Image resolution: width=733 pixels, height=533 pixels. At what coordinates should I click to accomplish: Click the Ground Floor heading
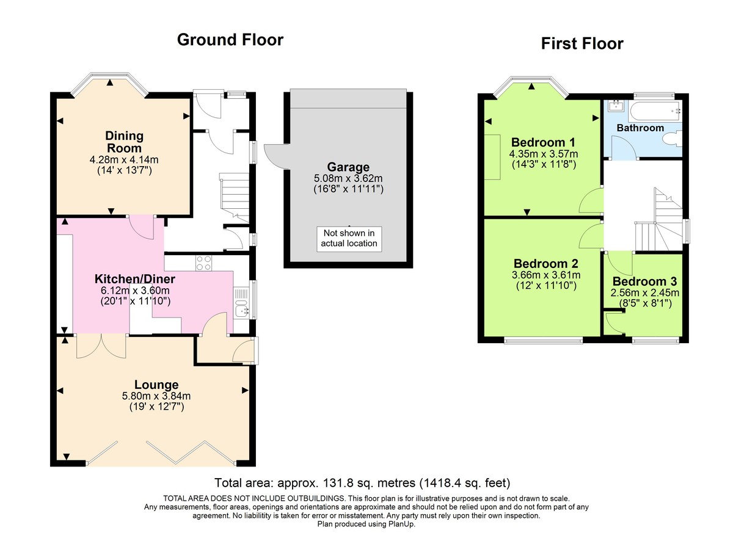230,40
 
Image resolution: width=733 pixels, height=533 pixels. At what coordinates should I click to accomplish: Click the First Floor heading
582,44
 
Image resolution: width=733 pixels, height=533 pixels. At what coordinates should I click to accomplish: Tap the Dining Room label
124,142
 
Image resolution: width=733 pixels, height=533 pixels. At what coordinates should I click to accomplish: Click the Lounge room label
156,385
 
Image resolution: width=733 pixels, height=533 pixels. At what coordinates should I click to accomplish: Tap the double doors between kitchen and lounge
101,346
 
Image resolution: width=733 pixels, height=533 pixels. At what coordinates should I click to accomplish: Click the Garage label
348,167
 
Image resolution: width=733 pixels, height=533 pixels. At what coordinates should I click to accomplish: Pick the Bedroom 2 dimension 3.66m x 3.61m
545,275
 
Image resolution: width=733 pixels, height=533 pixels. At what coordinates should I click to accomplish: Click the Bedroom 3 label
644,281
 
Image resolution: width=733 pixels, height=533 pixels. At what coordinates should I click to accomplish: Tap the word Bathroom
640,128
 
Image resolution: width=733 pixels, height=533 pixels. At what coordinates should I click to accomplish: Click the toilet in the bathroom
673,138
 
